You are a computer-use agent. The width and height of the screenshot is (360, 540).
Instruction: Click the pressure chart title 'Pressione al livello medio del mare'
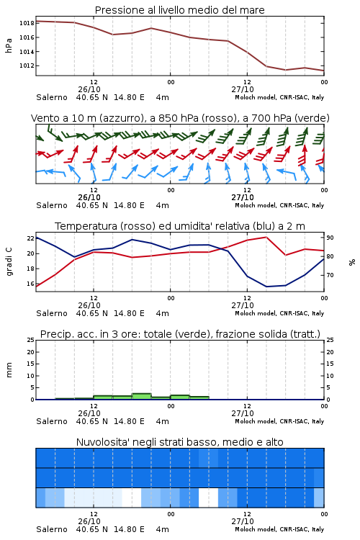pos(179,10)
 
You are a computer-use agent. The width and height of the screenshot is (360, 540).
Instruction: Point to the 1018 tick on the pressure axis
pos(27,24)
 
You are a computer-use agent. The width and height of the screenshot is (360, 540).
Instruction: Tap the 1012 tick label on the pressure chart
pos(27,66)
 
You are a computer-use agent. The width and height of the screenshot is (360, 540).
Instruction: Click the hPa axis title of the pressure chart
pos(9,45)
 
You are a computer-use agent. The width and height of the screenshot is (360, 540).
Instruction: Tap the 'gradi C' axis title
pos(9,262)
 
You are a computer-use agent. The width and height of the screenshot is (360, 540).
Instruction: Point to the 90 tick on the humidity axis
pos(330,238)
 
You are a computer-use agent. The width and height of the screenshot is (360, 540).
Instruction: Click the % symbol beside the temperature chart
pos(352,262)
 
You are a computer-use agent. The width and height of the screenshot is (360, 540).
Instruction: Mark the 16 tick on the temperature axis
pos(31,284)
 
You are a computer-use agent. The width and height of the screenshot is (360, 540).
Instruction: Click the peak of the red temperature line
pos(266,237)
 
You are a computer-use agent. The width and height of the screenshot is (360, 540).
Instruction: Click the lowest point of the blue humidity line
pos(266,287)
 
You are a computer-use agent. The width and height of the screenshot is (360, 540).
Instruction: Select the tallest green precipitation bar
pos(142,397)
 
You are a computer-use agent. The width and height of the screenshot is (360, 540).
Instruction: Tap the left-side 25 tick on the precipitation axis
pos(31,340)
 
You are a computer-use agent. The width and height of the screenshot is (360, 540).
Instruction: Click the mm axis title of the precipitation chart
pos(9,369)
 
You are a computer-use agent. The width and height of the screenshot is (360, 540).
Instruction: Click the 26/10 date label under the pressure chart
pos(89,89)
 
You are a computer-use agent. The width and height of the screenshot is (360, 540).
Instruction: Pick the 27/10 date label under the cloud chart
pos(243,521)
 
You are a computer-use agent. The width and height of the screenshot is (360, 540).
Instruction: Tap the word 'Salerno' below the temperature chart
pos(52,313)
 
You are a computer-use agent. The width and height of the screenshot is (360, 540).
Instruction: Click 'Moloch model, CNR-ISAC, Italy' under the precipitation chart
pos(279,421)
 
